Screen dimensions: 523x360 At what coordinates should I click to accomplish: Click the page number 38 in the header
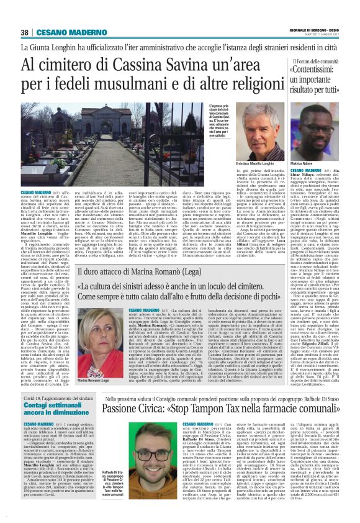click(x=25, y=32)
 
